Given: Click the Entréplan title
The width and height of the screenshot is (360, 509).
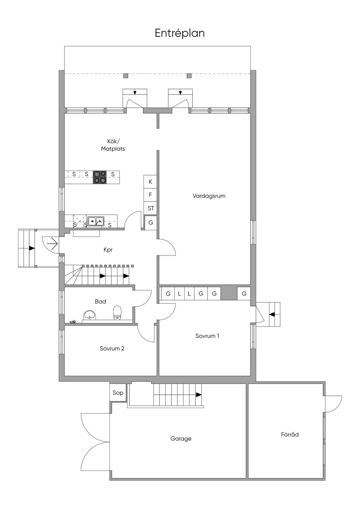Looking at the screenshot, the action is (180, 33).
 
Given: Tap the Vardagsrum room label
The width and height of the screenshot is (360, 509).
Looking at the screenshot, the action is (209, 196).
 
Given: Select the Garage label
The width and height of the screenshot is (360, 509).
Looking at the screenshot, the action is (181, 439).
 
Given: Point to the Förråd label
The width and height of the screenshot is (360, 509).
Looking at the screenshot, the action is (290, 434).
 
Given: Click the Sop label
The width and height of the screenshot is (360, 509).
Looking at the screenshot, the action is (118, 393).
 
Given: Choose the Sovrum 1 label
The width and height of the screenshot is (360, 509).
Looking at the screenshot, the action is (207, 336).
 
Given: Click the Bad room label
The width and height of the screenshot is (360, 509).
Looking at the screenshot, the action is (100, 302).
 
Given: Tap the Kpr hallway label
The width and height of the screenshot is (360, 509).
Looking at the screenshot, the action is (108, 250).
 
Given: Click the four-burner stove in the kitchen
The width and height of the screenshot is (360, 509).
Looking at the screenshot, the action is (99, 177).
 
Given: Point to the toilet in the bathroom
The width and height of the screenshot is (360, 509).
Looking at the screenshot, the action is (117, 313).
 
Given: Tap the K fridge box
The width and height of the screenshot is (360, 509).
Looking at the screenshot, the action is (150, 181).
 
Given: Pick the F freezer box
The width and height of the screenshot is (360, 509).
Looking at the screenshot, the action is (150, 195).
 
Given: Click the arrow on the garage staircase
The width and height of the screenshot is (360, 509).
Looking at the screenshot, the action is (199, 395).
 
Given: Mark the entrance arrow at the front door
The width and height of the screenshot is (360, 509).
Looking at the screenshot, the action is (52, 244).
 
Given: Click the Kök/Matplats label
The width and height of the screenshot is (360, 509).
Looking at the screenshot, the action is (113, 145).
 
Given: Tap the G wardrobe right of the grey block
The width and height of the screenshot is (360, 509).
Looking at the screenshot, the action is (244, 294).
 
